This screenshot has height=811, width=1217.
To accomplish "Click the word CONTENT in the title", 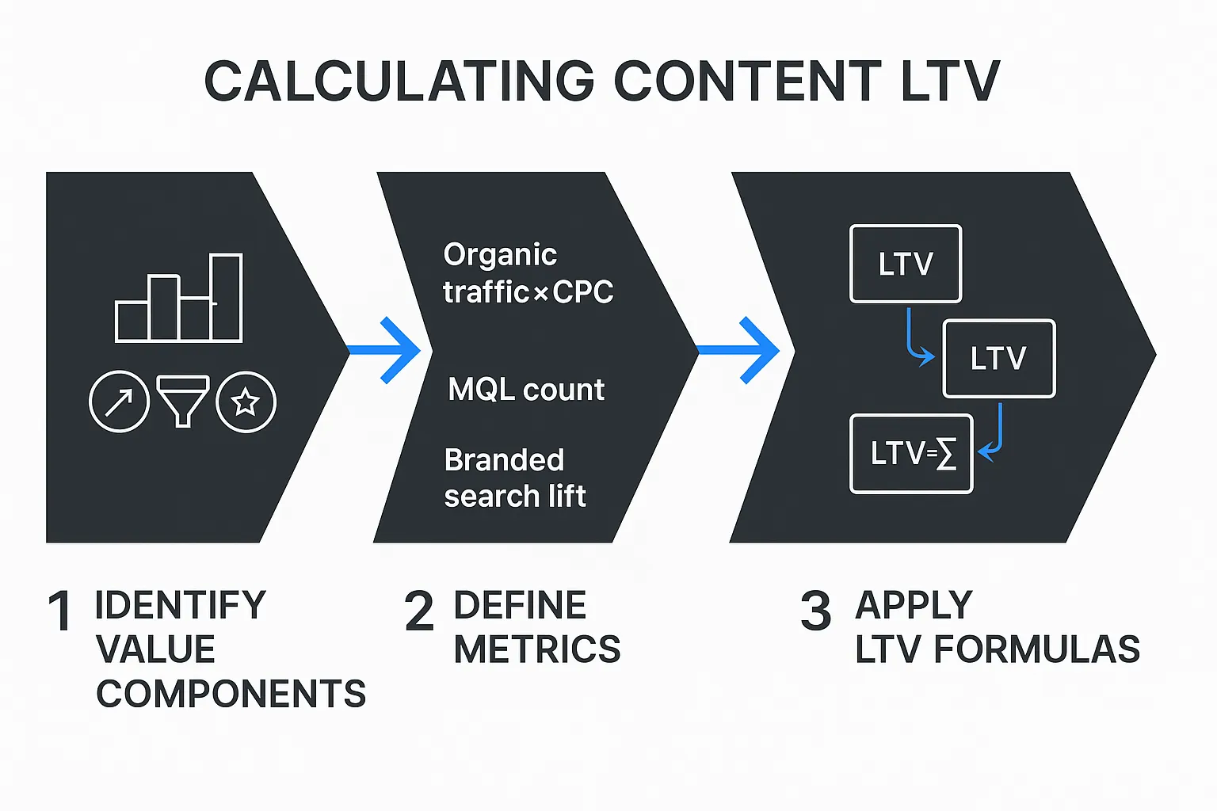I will pos(747,82).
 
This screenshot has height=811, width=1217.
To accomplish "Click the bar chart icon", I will pos(179,299).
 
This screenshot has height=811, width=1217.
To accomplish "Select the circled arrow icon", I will pos(119,402).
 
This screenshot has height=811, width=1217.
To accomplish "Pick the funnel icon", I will pos(183,401).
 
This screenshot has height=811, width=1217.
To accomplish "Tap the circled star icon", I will pos(246,402).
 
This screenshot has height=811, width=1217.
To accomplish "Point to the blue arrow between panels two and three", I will pos(741,350).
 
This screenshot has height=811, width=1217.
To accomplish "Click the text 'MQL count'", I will pos(526,390).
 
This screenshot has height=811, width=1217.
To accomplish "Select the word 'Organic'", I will pos(500,255).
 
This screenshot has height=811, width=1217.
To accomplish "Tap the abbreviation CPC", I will pos(583,292).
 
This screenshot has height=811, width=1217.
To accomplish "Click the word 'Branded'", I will pos(505,460).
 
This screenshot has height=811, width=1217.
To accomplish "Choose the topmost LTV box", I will pos(906,264).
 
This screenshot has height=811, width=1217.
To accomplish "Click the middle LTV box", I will pos(998,358).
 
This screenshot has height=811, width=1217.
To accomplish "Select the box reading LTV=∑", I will pos(911,454).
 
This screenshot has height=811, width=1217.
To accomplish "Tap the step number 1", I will pos(59,611).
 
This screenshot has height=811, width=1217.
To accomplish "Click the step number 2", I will pos(419,611).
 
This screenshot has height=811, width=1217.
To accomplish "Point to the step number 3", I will pos(815,611).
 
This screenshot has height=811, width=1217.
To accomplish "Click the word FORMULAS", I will pos(1036,649).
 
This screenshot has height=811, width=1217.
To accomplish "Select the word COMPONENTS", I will pos(231,694).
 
